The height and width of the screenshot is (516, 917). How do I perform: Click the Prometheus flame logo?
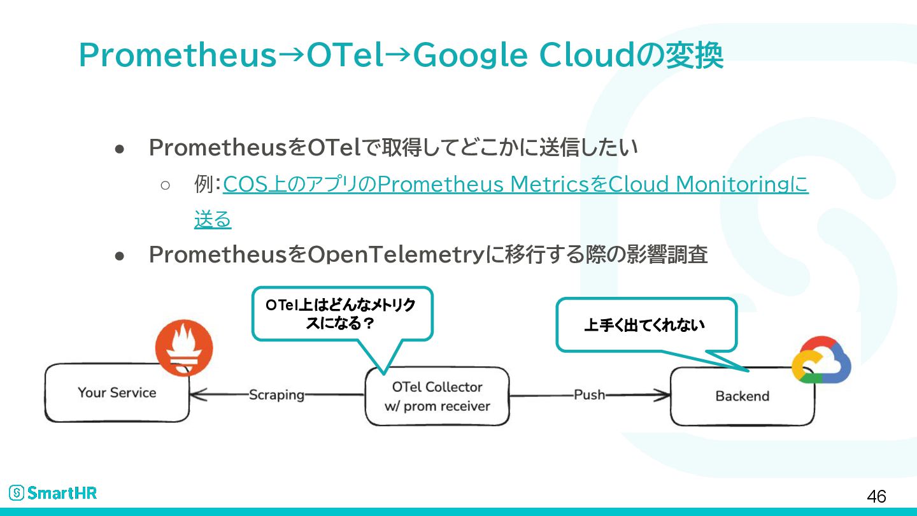184,348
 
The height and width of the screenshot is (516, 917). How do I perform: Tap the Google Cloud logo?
821,361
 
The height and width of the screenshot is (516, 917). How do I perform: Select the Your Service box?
117,392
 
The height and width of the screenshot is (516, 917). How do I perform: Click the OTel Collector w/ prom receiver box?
437,396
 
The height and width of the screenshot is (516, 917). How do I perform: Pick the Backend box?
742,396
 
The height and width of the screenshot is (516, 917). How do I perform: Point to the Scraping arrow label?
276,394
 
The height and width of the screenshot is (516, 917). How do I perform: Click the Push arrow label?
589,394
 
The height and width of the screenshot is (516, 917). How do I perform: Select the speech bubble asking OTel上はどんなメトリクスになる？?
342,314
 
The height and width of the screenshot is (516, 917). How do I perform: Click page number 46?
876,496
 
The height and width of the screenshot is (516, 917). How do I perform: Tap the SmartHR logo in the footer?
53,492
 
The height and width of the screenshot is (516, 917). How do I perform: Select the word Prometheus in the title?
178,56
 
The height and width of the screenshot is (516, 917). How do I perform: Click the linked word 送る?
213,220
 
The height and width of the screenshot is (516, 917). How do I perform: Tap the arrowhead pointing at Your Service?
197,395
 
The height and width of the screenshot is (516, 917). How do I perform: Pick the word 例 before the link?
203,185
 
